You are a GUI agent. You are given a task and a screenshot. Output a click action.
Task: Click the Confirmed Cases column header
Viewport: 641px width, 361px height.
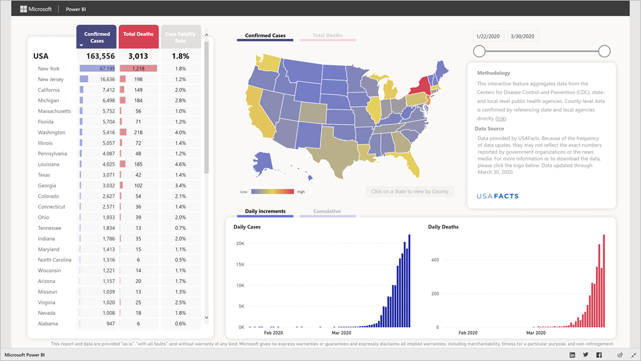click(x=97, y=37)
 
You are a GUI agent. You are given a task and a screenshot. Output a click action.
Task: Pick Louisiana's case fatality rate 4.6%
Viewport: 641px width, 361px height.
click(x=180, y=164)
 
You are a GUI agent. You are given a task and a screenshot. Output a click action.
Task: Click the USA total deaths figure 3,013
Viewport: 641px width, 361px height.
click(x=138, y=56)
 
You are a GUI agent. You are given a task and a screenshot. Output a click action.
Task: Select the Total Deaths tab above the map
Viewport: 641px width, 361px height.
click(x=328, y=36)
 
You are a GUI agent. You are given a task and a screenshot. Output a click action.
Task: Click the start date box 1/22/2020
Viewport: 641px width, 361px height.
click(x=489, y=36)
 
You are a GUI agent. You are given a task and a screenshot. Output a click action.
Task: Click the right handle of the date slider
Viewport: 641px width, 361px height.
click(x=604, y=51)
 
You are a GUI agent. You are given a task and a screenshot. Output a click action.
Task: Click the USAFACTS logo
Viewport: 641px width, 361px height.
click(x=498, y=195)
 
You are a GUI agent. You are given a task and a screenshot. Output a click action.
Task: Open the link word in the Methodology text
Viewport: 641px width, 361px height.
click(x=500, y=118)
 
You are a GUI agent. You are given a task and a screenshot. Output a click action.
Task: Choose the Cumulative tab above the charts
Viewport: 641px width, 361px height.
click(x=327, y=211)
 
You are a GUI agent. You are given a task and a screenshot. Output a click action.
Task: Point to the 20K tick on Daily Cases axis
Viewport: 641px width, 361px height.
click(x=239, y=244)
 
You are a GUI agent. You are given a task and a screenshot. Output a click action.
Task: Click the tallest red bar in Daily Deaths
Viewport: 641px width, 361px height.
click(x=603, y=282)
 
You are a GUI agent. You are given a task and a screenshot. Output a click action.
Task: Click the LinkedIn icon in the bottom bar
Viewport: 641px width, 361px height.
click(x=572, y=355)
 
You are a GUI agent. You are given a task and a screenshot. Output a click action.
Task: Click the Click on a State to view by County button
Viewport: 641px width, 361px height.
click(x=410, y=191)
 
